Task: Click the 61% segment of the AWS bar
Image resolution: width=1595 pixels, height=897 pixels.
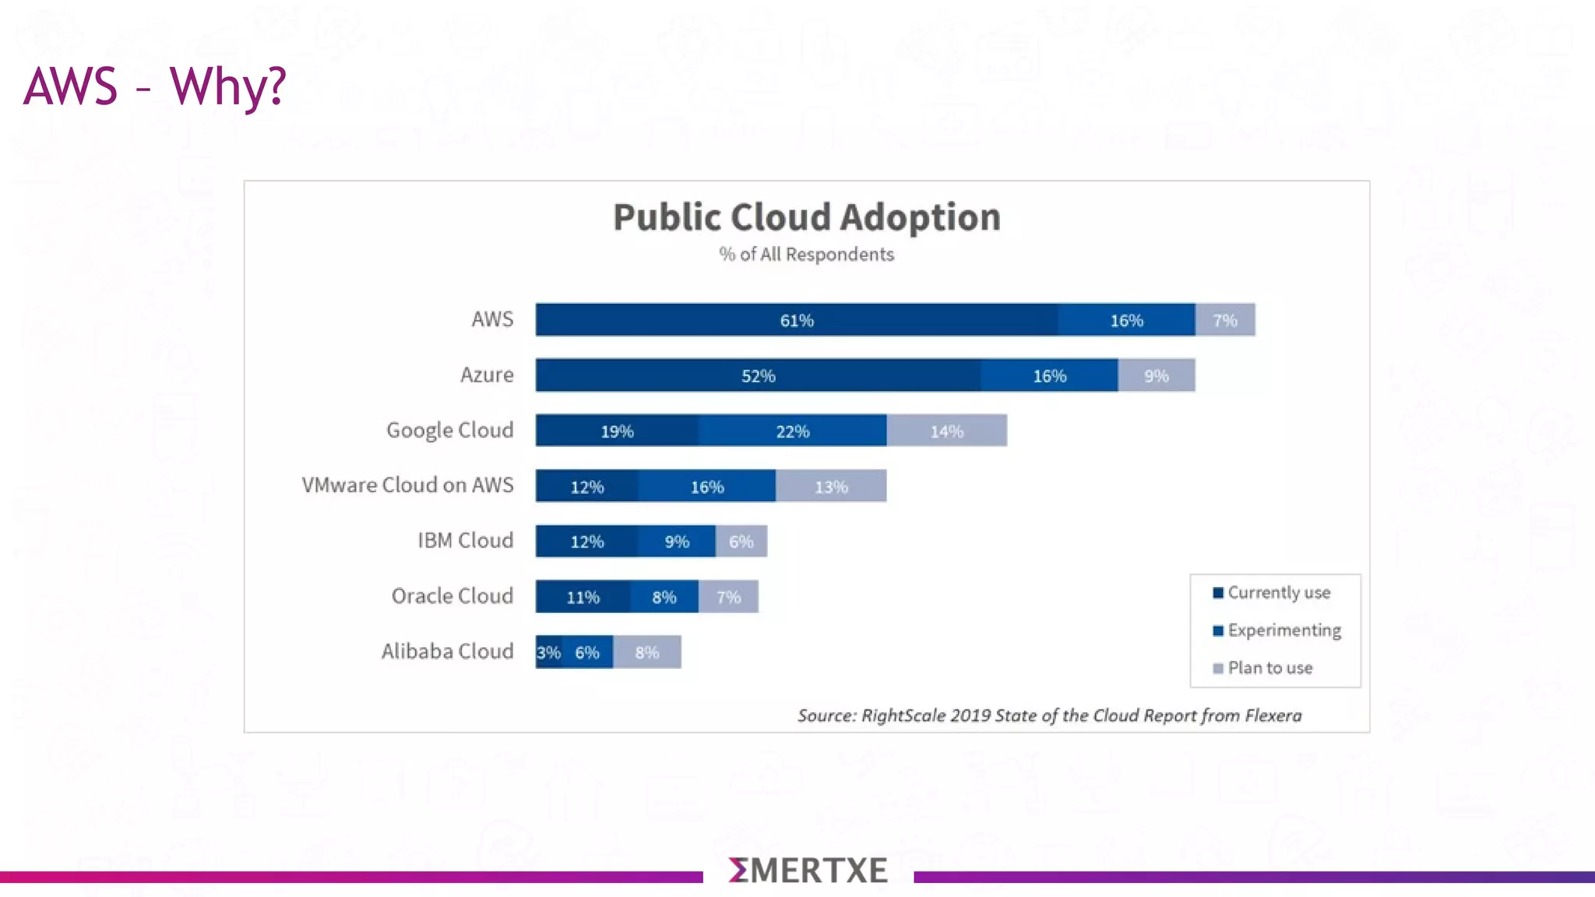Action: click(796, 320)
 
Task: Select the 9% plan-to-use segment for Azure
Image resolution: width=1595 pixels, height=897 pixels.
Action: click(1157, 376)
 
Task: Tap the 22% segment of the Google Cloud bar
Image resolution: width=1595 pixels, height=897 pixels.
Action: click(792, 431)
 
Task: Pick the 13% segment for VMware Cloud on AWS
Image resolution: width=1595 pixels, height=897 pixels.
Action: click(831, 487)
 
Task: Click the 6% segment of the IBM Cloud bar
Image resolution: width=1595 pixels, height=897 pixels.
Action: click(741, 542)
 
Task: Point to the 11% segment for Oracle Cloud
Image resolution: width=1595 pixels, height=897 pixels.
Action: click(583, 597)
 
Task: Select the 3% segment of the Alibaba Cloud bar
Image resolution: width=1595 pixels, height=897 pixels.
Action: click(548, 653)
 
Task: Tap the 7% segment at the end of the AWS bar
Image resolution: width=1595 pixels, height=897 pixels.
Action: click(1225, 320)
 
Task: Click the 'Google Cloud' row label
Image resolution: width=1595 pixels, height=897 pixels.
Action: click(450, 431)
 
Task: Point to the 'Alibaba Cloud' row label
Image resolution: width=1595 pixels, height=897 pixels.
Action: click(447, 651)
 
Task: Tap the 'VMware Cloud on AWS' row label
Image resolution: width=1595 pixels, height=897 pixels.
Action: click(407, 485)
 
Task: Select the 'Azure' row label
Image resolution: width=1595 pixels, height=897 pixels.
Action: click(487, 375)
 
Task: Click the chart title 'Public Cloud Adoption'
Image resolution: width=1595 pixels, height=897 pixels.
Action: click(806, 217)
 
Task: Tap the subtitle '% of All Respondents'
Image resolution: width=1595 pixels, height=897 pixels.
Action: click(806, 255)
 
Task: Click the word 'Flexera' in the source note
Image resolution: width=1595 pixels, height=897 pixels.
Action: click(1273, 716)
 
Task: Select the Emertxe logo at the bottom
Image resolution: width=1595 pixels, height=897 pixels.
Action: click(808, 871)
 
